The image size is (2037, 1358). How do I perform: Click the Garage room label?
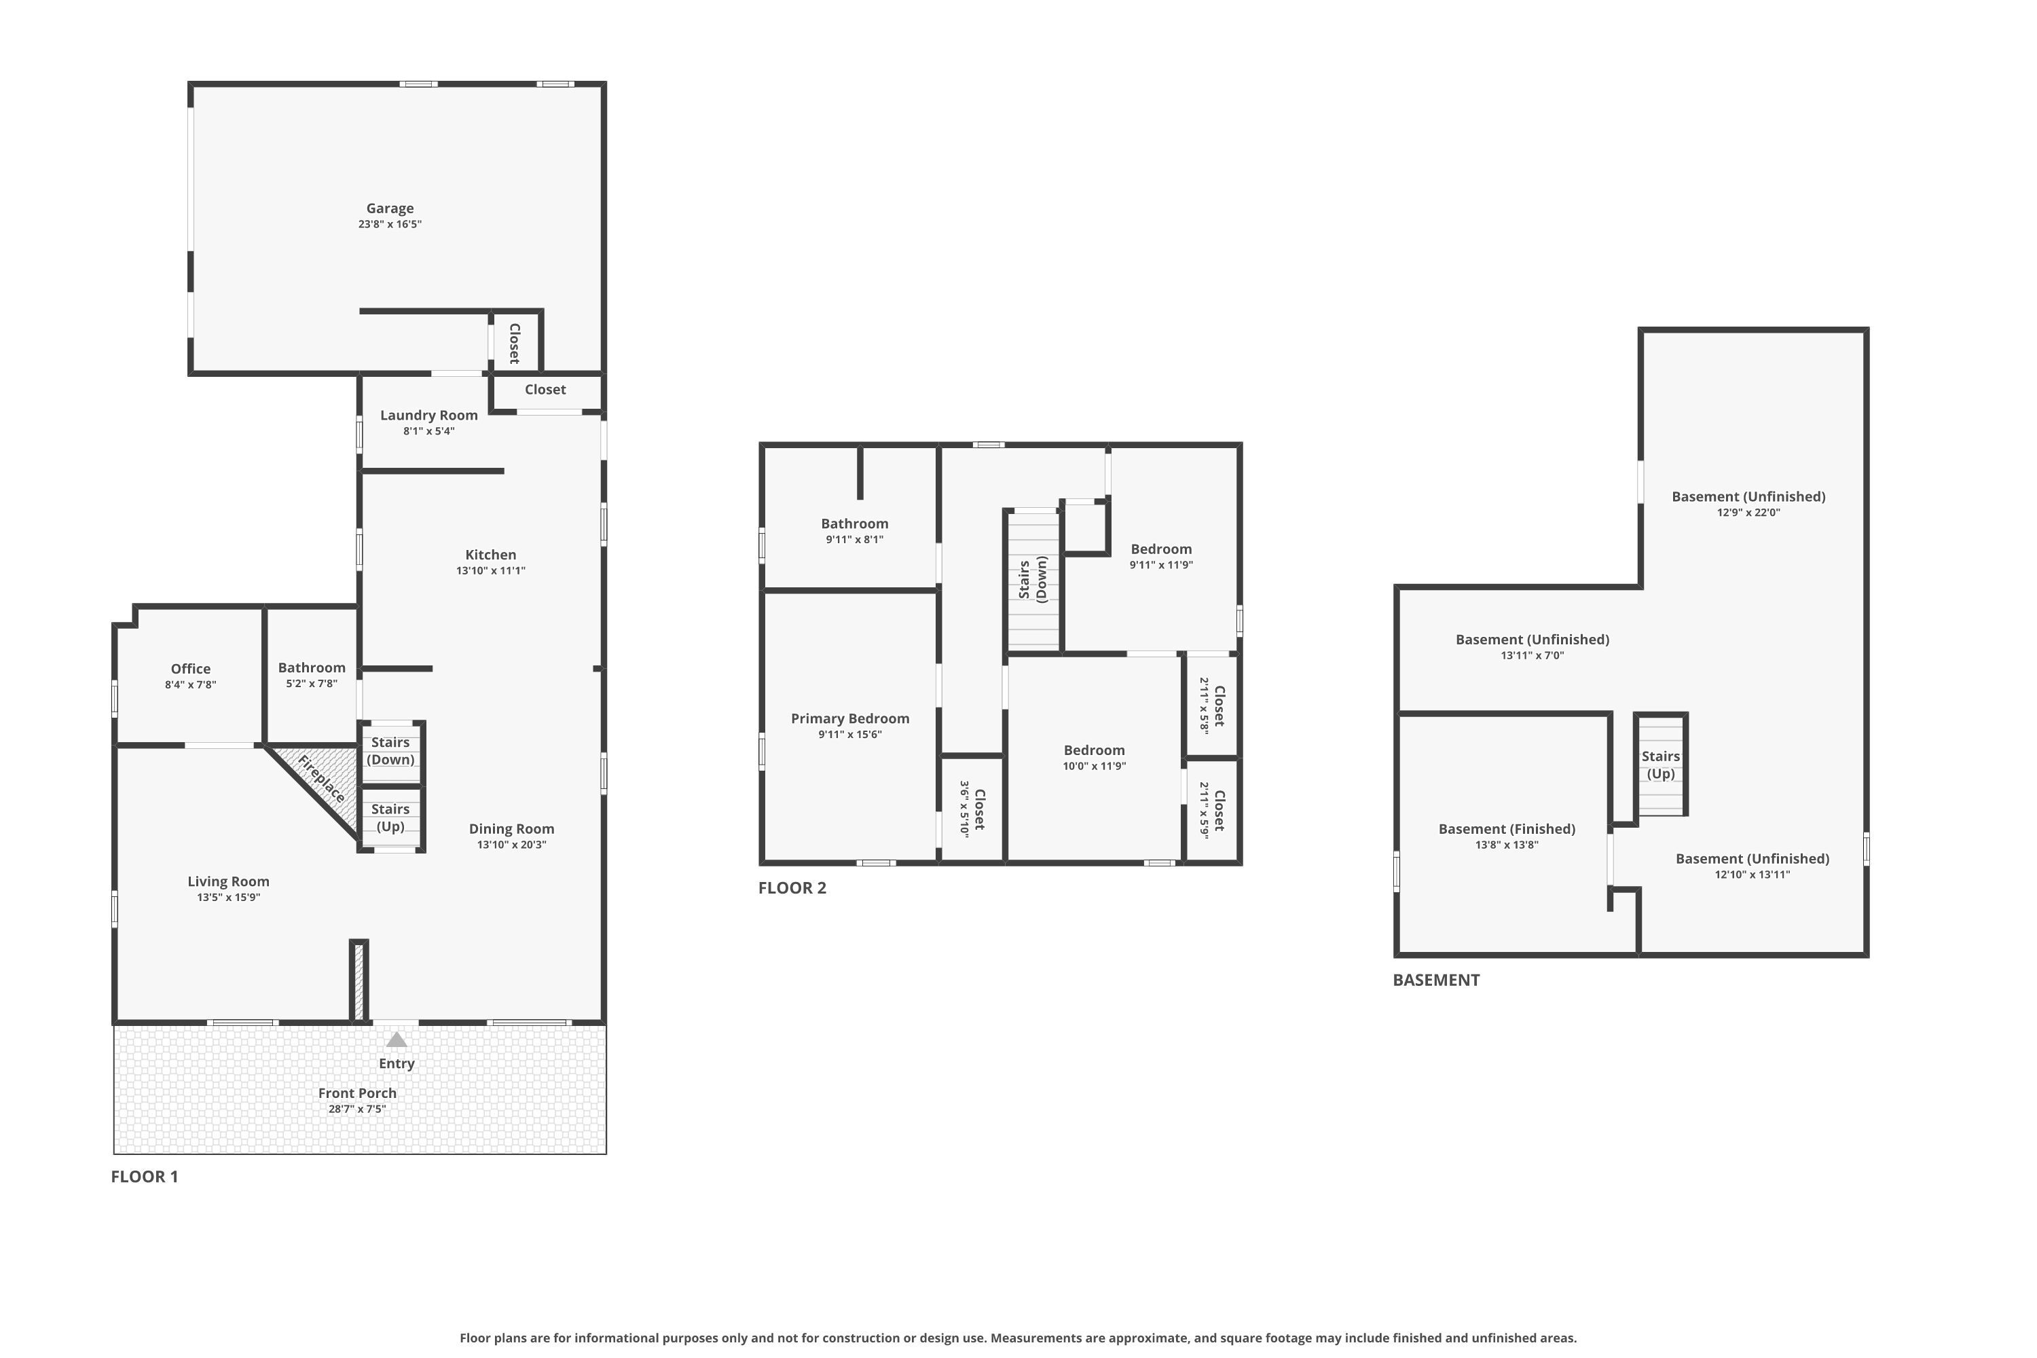point(390,208)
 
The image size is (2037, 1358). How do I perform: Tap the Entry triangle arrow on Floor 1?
point(397,1040)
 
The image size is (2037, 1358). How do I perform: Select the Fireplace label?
point(321,779)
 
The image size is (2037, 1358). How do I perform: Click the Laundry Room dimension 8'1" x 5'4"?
point(428,431)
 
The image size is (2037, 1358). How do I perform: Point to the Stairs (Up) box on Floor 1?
point(390,818)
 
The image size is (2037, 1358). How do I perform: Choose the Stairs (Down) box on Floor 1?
point(390,751)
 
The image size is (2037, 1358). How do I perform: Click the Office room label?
point(191,669)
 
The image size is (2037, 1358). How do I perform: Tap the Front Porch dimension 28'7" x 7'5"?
point(357,1109)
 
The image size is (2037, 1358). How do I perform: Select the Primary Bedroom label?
point(849,718)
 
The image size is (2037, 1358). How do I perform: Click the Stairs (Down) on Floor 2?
point(1033,579)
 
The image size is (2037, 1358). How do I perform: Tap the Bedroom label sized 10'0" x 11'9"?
point(1094,750)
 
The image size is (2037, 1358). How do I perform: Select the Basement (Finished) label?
point(1506,829)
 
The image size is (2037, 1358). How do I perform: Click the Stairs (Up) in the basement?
point(1660,765)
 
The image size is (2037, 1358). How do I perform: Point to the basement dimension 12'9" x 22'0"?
point(1748,513)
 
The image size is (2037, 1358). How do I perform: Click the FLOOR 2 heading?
point(792,887)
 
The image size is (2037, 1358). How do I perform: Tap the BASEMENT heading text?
point(1436,980)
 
